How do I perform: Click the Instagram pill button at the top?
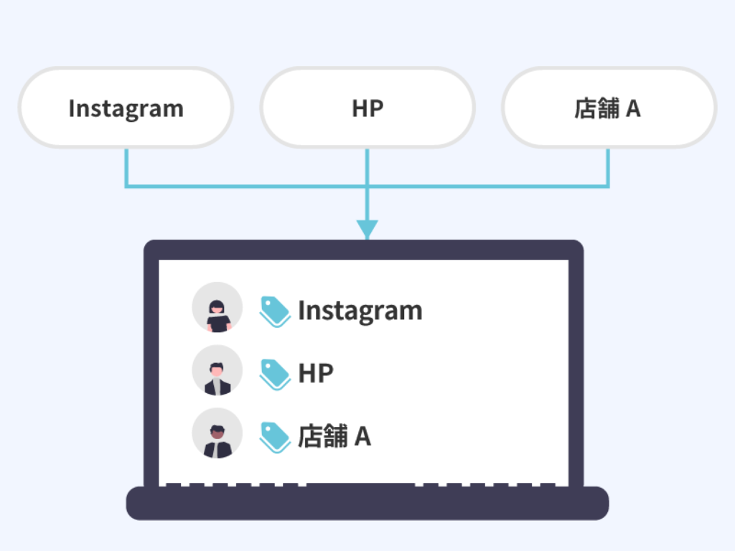(126, 108)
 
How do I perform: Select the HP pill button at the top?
(367, 108)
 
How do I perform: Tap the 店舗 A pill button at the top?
(609, 108)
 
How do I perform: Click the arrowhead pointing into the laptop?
(367, 229)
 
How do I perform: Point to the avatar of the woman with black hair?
(217, 307)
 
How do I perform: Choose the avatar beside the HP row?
(217, 370)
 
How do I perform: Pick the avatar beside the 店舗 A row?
(217, 433)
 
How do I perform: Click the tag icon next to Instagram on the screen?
(274, 311)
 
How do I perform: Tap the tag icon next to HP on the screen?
(274, 375)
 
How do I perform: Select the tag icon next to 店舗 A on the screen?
(274, 437)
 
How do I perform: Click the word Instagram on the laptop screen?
(360, 311)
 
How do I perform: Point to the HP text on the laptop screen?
(316, 374)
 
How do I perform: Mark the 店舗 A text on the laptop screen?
(334, 436)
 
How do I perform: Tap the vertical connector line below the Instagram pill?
(126, 166)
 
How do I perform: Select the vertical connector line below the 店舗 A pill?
(609, 166)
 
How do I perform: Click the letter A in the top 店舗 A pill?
(633, 108)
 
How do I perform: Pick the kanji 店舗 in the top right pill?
(597, 108)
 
